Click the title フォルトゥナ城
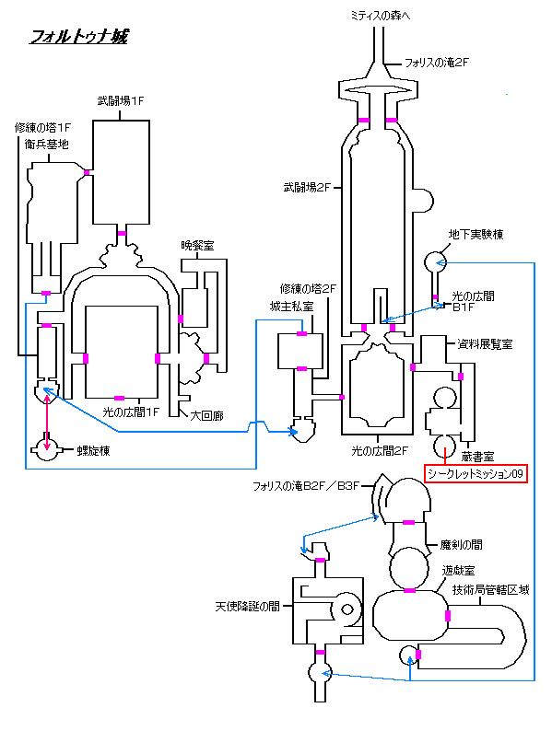pos(79,36)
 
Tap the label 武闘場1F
pos(121,101)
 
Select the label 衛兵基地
pos(47,144)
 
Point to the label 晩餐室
pos(197,245)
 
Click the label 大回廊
pos(206,415)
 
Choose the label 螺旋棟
pos(93,450)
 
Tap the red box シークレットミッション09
pos(476,473)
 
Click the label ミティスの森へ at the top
pos(381,16)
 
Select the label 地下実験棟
pos(476,234)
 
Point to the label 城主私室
pos(291,306)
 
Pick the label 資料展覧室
pos(485,343)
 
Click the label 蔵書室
pos(477,457)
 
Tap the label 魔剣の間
pos(461,544)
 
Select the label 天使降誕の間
pos(247,607)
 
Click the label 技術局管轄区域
pos(491,589)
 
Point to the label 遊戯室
pos(459,570)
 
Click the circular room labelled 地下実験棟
pos(436,261)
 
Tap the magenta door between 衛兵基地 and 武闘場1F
pos(87,172)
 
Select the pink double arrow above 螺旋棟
pos(47,422)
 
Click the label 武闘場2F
pos(307,188)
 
